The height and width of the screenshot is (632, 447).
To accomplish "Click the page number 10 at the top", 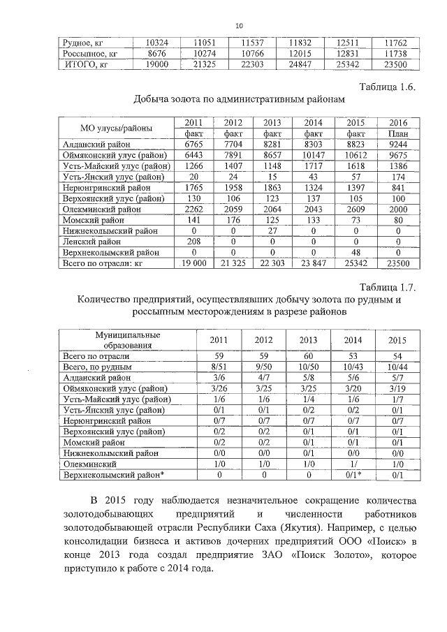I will pos(239,26).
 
